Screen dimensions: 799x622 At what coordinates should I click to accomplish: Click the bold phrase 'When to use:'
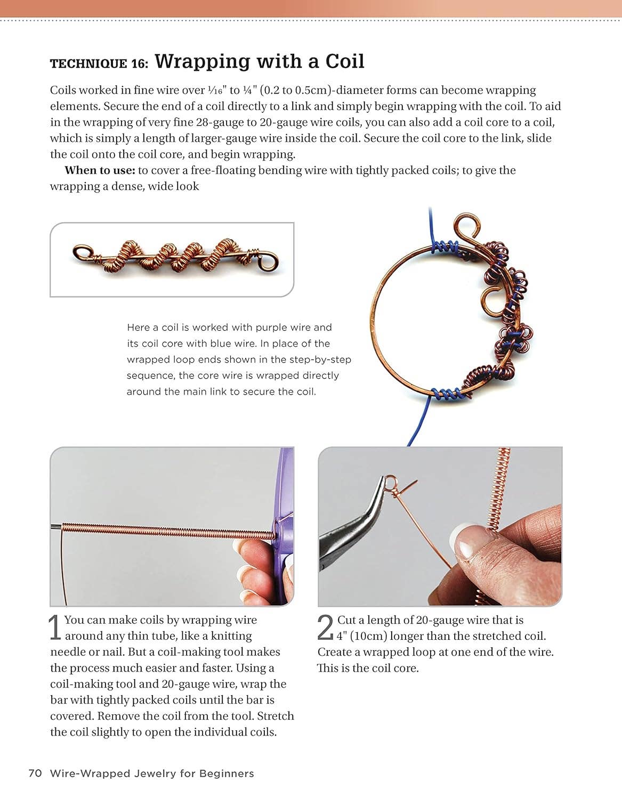click(x=99, y=170)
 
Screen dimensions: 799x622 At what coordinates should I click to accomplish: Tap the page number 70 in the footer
click(x=35, y=773)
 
